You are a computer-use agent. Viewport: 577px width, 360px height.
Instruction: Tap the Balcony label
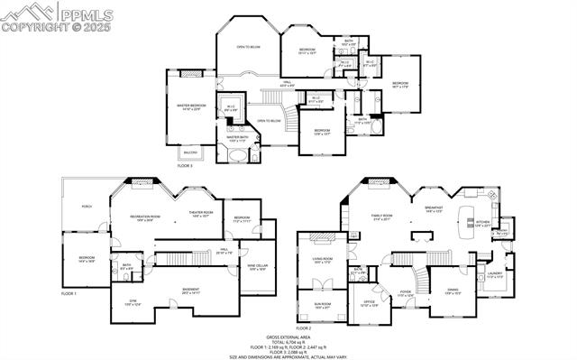pyautogui.click(x=189, y=152)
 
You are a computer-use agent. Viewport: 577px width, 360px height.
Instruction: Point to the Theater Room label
pyautogui.click(x=200, y=215)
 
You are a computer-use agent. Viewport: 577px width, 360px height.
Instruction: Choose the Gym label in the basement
pyautogui.click(x=133, y=304)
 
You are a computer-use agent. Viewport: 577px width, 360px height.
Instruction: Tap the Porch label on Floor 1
pyautogui.click(x=87, y=207)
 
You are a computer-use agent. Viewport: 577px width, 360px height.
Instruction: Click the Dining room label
pyautogui.click(x=453, y=291)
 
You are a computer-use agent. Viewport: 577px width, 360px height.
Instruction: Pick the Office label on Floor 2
pyautogui.click(x=369, y=303)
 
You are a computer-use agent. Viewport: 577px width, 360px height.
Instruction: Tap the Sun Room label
pyautogui.click(x=323, y=305)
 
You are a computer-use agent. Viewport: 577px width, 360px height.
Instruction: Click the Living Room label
pyautogui.click(x=324, y=261)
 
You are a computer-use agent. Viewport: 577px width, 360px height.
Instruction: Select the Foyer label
pyautogui.click(x=406, y=291)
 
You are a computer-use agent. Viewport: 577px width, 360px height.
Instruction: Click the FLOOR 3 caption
pyautogui.click(x=185, y=166)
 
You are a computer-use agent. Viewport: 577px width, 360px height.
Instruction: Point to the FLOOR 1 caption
pyautogui.click(x=69, y=294)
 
